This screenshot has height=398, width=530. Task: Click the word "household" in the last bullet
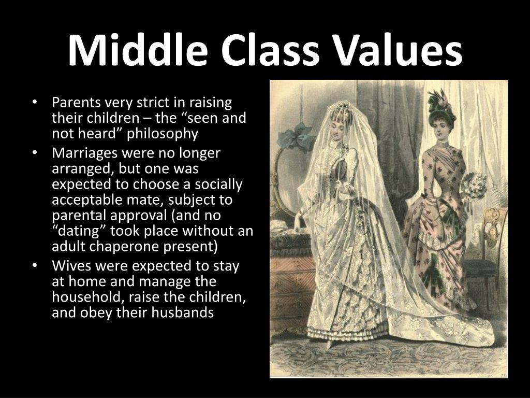(x=82, y=297)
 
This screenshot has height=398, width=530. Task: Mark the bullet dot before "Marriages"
(x=34, y=153)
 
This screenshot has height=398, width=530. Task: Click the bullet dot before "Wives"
(x=34, y=266)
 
